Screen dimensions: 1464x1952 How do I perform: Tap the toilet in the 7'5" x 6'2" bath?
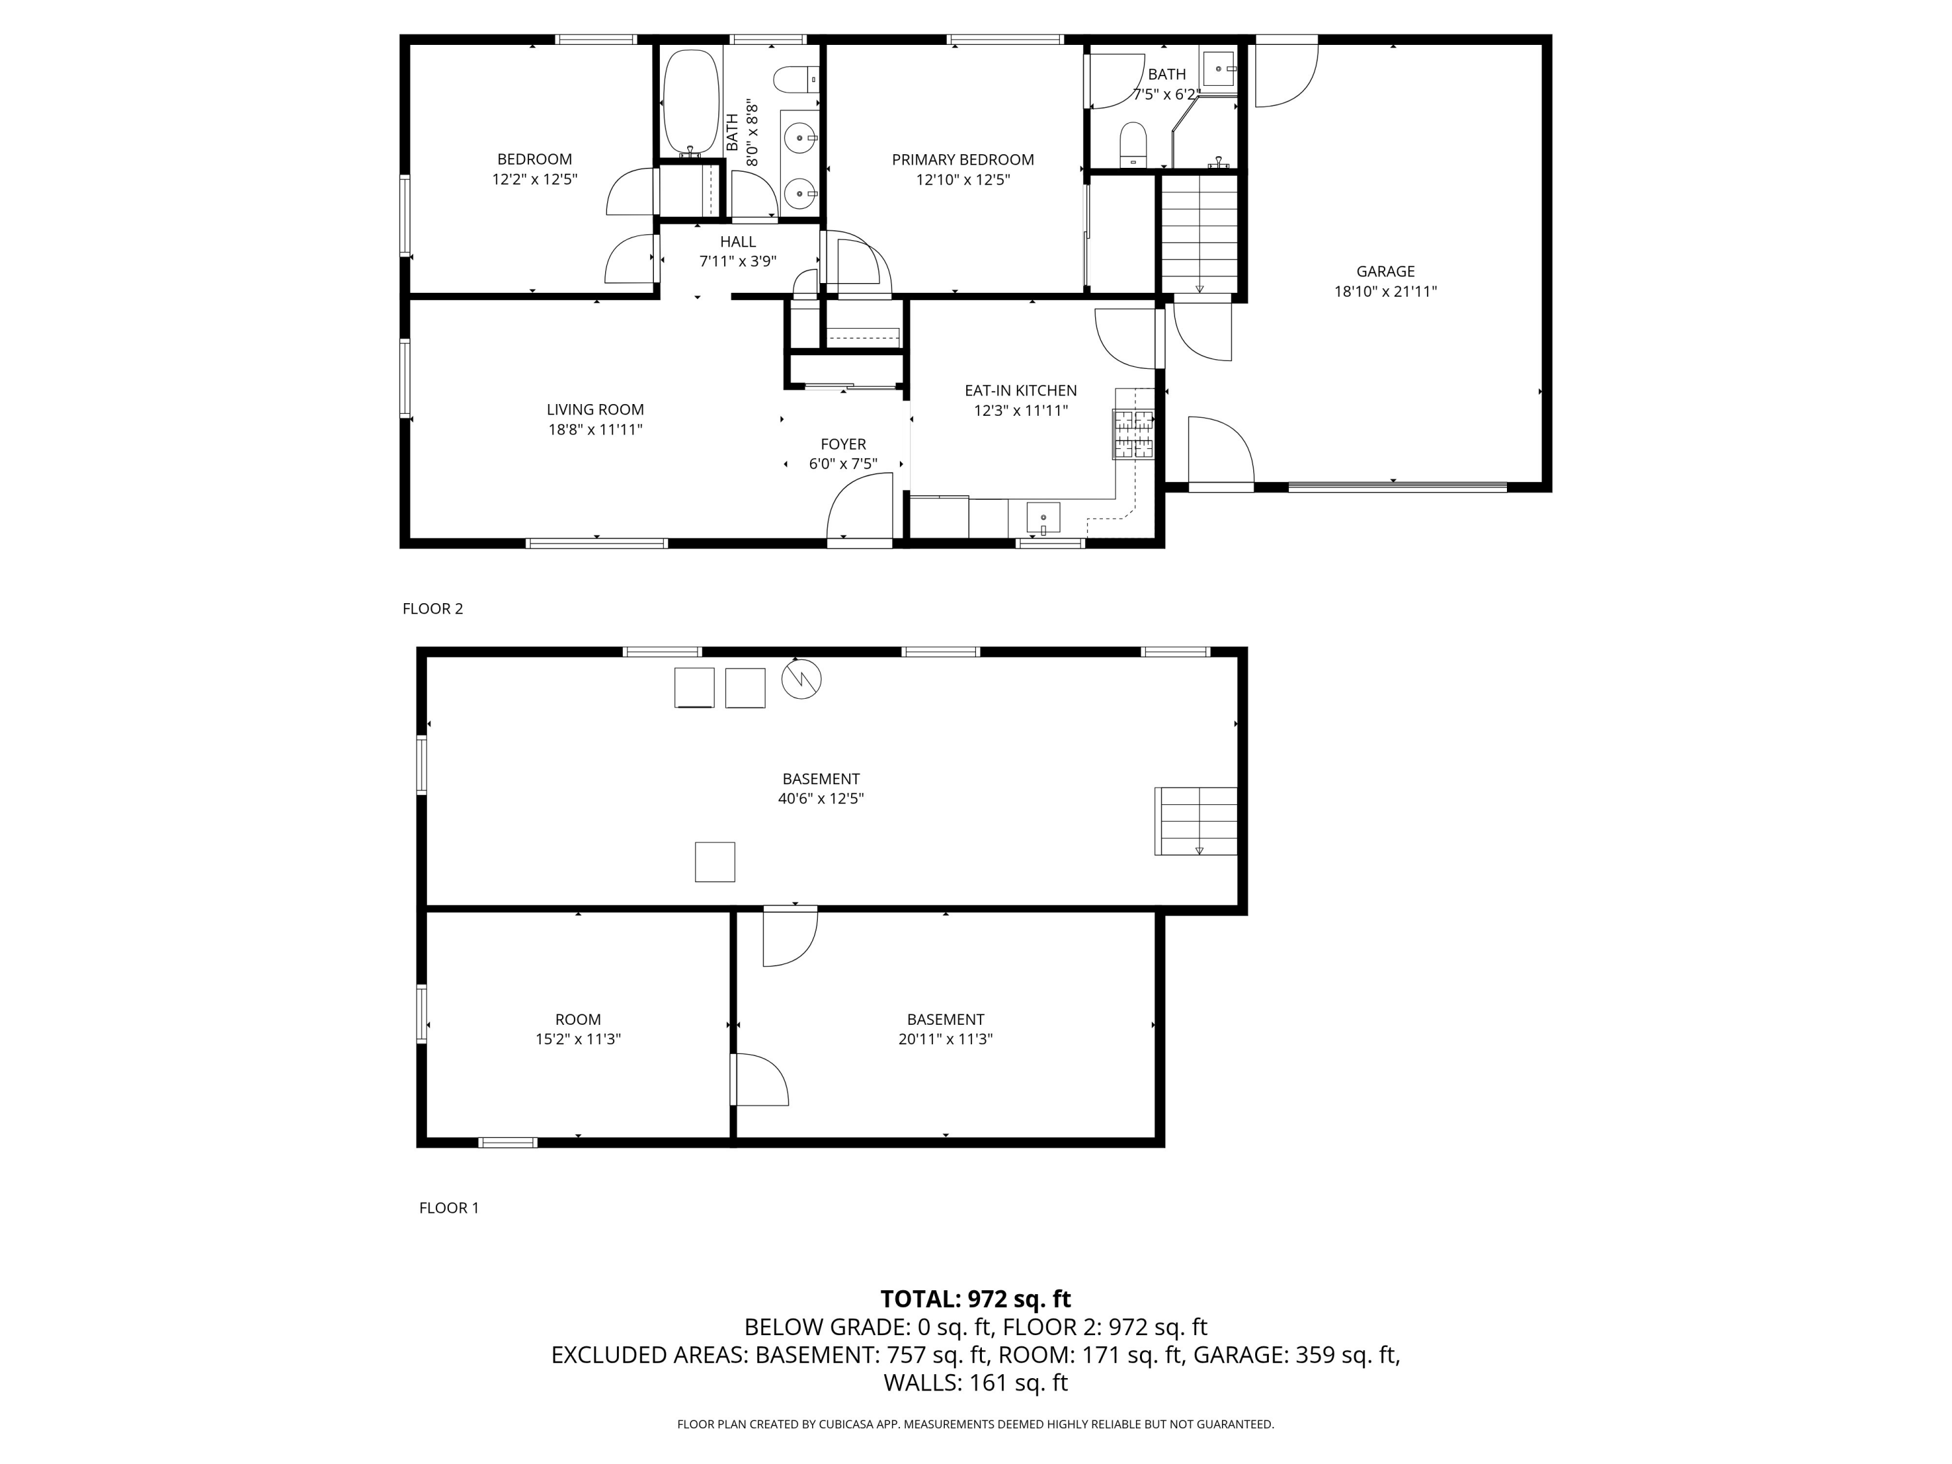1132,144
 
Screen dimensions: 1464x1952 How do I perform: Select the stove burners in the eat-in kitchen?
1133,434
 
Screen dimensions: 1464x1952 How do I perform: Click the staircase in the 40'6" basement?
1196,820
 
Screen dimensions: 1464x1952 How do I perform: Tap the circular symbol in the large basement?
801,679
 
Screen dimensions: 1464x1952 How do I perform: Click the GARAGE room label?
1385,272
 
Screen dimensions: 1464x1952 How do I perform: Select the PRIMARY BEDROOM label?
962,159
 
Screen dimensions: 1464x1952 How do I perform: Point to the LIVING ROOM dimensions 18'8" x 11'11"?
595,429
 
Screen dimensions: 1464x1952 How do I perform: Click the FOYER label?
843,444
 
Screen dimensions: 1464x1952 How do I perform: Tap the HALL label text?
738,242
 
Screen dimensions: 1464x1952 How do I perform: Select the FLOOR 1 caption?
448,1208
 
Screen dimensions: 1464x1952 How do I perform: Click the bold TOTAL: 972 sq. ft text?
975,1299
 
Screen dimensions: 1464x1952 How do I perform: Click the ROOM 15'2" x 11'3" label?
578,1029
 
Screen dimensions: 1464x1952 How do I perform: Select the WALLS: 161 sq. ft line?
975,1383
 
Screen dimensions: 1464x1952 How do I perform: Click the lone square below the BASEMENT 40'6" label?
715,862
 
